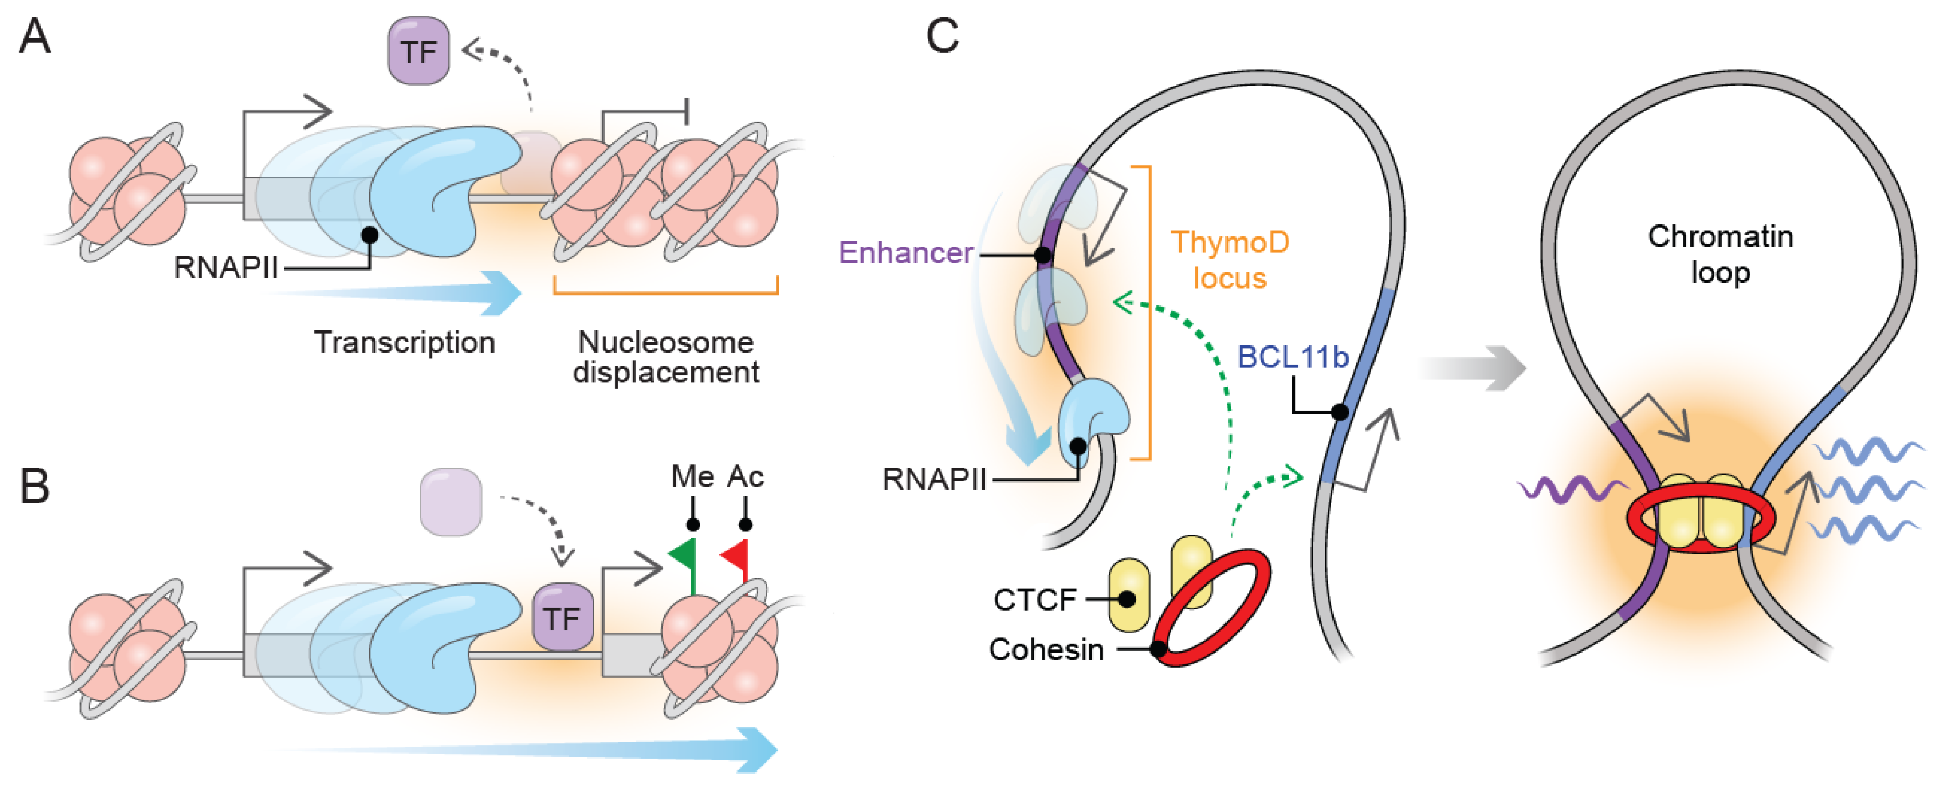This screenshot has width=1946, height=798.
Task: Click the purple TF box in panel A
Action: pos(419,51)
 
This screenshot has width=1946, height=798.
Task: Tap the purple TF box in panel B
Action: pos(563,617)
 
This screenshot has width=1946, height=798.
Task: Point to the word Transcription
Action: pos(405,342)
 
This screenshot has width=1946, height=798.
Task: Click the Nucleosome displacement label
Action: pos(665,357)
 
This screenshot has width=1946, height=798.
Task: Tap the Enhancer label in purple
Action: pos(906,252)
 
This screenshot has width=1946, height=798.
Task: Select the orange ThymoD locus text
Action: pos(1230,260)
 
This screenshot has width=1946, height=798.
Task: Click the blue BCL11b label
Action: pos(1292,357)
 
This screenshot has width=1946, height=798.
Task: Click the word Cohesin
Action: pos(1046,649)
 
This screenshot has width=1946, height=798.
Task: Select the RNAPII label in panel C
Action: pos(935,479)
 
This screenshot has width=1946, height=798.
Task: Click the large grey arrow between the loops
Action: pos(1473,368)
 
